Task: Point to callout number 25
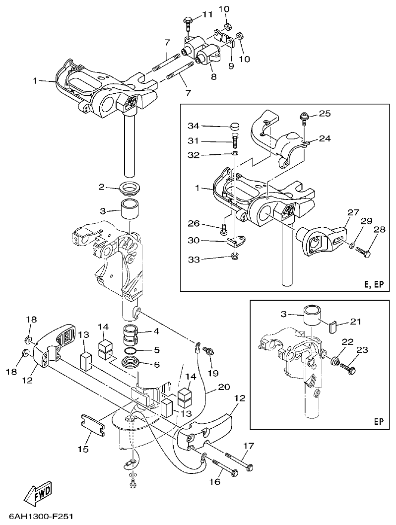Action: [324, 114]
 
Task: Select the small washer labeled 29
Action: [351, 246]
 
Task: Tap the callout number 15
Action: [83, 449]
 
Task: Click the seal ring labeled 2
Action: [131, 188]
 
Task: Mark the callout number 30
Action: [194, 241]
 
